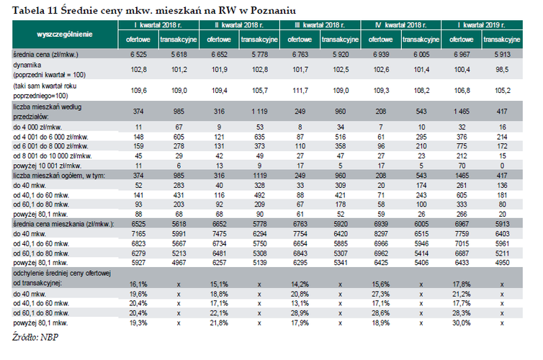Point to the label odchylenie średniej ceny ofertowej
coord(60,275)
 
